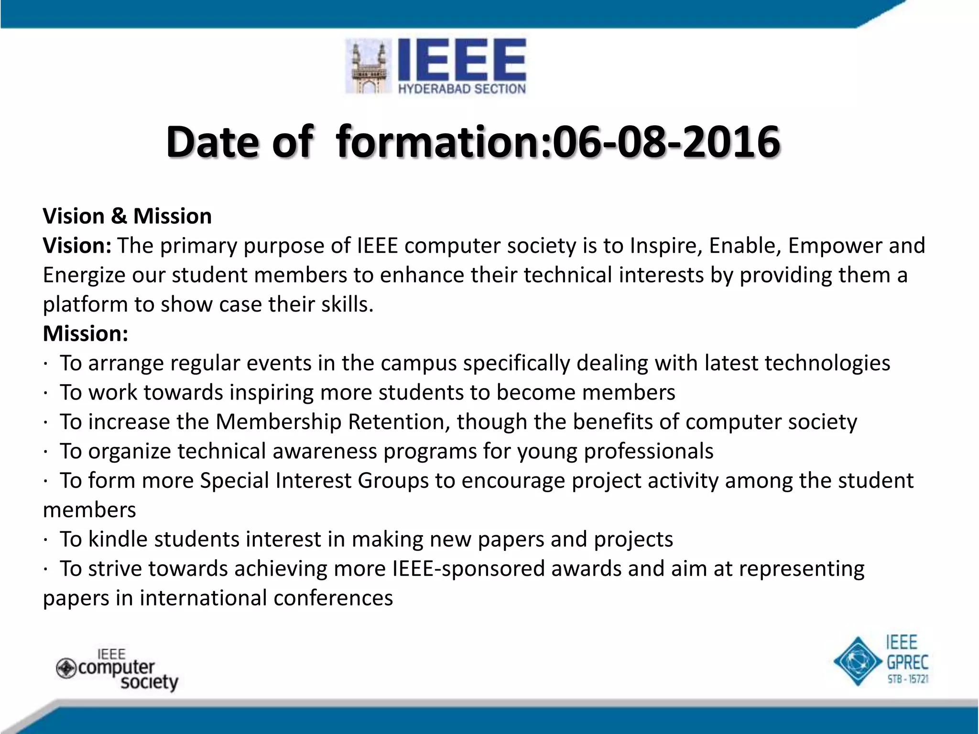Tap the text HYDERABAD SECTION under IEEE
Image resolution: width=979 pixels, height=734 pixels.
point(462,89)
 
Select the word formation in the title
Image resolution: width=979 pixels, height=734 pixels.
point(442,142)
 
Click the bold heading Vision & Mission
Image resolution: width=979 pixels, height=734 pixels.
point(127,216)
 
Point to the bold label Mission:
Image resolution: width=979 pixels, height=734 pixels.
point(86,334)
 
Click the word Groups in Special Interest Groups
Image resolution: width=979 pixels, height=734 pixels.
point(393,481)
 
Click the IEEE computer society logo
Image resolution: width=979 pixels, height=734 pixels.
point(118,669)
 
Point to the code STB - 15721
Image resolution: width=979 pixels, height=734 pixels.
point(908,679)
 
